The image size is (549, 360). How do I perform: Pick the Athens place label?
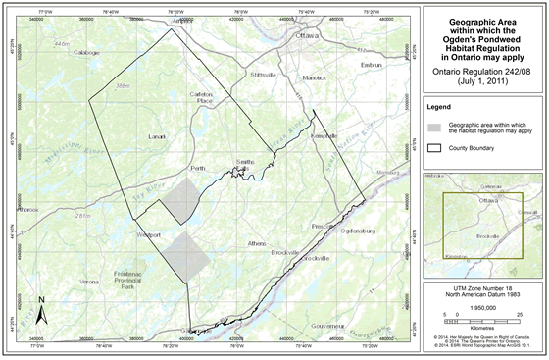click(257, 243)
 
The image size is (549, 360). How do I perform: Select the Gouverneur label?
click(324, 324)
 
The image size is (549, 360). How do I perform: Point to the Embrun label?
click(371, 66)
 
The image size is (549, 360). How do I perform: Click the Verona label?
click(89, 282)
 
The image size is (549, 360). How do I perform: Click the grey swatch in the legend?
click(434, 129)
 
